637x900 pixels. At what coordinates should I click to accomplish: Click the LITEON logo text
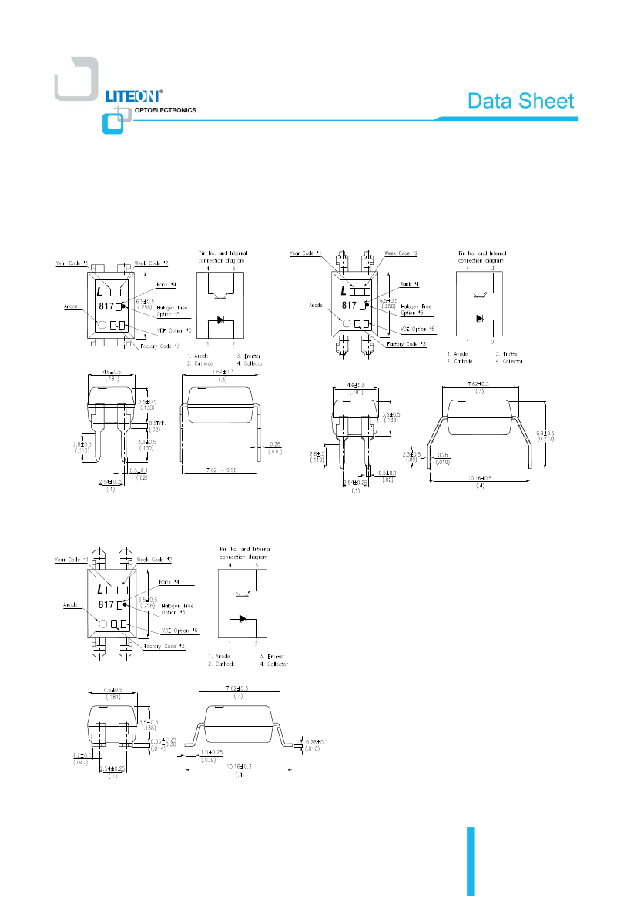click(x=132, y=96)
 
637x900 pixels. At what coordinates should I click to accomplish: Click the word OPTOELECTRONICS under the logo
click(x=165, y=110)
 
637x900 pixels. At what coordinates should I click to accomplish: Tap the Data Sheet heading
click(x=521, y=102)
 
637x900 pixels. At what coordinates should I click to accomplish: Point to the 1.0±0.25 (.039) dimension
click(x=210, y=754)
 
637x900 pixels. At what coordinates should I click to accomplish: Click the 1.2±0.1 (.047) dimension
click(x=77, y=758)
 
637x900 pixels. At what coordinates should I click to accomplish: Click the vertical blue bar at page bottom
click(x=471, y=862)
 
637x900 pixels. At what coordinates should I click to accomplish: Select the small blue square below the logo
click(x=112, y=123)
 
